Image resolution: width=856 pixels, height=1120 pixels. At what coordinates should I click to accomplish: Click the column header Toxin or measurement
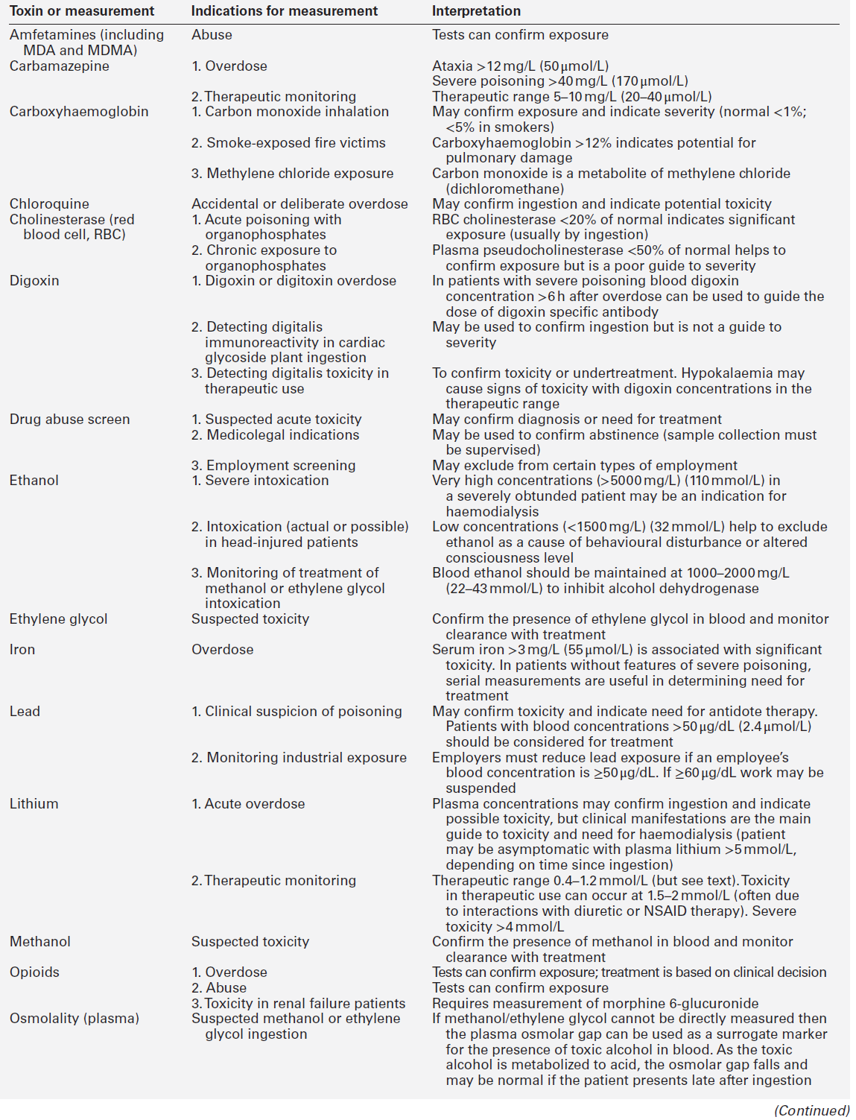(x=82, y=11)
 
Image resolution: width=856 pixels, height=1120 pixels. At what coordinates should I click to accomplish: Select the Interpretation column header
(x=476, y=11)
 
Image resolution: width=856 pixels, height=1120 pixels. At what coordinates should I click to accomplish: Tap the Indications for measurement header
(x=284, y=11)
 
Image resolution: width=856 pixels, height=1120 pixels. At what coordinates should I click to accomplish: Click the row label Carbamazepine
(x=59, y=66)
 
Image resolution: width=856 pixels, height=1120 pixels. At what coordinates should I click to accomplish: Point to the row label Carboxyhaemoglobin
(x=79, y=112)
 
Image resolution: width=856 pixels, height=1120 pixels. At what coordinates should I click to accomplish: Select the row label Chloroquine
(x=49, y=204)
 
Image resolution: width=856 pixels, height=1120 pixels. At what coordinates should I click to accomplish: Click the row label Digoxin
(x=34, y=281)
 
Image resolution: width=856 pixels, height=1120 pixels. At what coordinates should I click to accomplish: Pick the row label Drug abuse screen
(x=69, y=420)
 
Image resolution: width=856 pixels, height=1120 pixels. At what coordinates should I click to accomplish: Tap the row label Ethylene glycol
(x=58, y=619)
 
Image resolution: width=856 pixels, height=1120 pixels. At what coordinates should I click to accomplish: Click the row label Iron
(x=22, y=650)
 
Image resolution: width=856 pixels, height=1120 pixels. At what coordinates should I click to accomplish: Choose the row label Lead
(x=25, y=712)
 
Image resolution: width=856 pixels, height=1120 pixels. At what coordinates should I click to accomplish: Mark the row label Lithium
(x=34, y=804)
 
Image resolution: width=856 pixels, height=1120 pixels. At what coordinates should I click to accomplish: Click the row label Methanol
(x=40, y=942)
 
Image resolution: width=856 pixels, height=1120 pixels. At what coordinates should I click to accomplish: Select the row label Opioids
(x=34, y=972)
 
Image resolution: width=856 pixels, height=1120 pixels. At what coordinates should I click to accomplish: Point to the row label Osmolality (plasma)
(x=74, y=1019)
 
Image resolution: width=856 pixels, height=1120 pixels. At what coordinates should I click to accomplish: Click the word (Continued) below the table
(x=811, y=1110)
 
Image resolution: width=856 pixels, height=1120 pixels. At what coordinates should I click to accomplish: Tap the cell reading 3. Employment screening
(x=273, y=466)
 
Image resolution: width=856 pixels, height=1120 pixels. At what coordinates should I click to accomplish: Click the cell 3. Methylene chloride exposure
(x=292, y=174)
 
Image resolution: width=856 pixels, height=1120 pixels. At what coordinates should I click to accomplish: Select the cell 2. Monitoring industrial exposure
(x=299, y=758)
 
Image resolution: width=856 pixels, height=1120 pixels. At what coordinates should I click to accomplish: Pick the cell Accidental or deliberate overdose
(x=299, y=204)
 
